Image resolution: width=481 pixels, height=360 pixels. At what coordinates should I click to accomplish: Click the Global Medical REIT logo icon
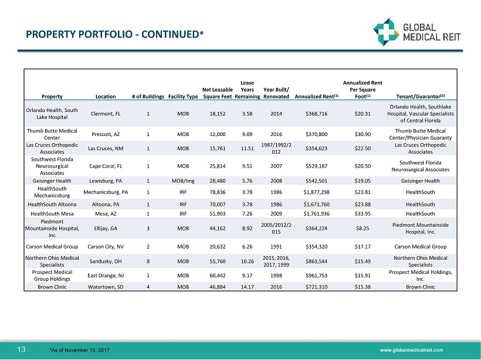point(386,33)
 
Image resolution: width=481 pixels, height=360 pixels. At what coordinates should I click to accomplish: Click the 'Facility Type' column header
point(182,96)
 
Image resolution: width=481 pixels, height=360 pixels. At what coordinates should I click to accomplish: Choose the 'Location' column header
point(106,96)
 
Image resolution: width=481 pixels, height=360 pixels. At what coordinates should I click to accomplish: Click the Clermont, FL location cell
point(106,114)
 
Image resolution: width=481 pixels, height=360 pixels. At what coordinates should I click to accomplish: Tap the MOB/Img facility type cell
point(182,181)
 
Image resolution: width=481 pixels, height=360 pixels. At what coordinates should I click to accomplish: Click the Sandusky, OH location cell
point(106,261)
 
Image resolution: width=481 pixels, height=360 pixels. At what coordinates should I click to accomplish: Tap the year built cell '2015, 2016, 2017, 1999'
point(276,261)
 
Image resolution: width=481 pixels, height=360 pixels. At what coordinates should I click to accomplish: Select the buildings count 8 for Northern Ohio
point(148,261)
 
